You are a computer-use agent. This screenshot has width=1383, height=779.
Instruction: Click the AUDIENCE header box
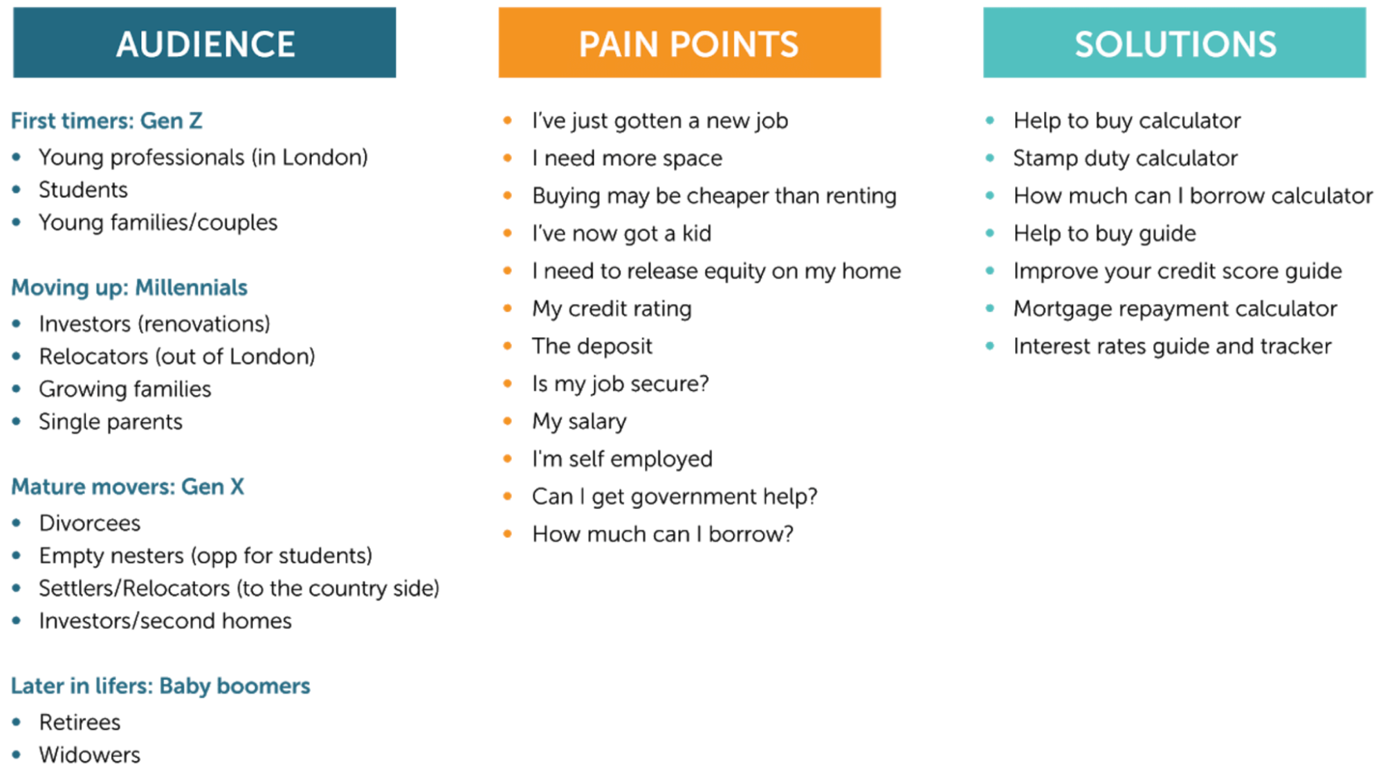point(205,43)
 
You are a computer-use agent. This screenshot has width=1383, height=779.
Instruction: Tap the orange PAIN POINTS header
point(689,43)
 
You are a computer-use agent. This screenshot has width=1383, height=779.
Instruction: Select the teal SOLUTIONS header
point(1174,43)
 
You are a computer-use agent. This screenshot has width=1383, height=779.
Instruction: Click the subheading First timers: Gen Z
point(107,121)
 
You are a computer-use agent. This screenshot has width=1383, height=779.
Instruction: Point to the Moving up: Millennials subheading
point(129,287)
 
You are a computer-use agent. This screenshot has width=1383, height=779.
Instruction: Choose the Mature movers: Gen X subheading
point(127,486)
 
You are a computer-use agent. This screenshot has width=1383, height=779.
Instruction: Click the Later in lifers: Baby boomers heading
point(161,686)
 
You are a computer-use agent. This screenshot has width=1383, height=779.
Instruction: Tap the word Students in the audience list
point(83,190)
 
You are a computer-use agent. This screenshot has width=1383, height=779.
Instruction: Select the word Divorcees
point(89,523)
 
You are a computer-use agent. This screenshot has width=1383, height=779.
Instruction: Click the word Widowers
point(89,755)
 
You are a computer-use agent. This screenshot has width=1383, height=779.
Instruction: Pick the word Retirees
point(80,722)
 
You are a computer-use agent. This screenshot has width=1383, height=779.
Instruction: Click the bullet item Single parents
point(111,421)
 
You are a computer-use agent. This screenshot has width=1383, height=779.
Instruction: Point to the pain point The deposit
point(592,346)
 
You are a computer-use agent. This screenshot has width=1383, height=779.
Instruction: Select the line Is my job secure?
point(620,383)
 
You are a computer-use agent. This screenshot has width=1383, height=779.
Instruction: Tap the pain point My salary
point(579,421)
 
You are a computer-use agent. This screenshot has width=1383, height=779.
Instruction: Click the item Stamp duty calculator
point(1125,158)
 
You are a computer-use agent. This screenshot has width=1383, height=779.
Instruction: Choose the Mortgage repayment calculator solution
point(1175,309)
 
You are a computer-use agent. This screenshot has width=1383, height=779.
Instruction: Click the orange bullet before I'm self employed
point(507,458)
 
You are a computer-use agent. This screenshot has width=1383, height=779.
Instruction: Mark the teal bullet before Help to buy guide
point(989,233)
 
